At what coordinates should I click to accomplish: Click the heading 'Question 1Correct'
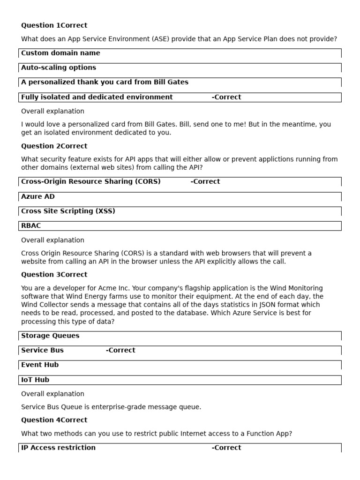pos(54,25)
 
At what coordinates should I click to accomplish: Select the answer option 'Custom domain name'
pos(60,53)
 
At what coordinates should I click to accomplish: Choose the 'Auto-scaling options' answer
pos(59,67)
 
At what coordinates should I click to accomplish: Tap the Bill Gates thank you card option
pos(105,82)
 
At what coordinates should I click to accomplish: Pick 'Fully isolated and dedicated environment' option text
pos(97,97)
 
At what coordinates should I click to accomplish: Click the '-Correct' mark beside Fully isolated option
pos(226,97)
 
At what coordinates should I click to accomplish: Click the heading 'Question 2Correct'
pos(54,146)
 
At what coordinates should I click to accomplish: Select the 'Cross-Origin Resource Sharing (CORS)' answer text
pos(91,181)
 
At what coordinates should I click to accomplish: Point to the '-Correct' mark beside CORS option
pos(205,181)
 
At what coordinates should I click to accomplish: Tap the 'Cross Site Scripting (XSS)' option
pos(68,211)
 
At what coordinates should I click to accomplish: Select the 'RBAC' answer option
pos(31,225)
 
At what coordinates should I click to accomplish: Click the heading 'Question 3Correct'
pos(54,274)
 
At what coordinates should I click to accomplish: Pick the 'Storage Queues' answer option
pos(50,336)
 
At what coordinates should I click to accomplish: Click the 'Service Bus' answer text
pos(42,350)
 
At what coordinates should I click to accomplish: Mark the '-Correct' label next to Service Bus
pos(120,350)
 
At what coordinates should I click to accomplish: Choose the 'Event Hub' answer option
pos(40,365)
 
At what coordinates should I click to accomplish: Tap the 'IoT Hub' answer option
pos(35,380)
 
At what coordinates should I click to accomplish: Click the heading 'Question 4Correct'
pos(54,420)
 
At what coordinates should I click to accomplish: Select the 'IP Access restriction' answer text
pos(58,448)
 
